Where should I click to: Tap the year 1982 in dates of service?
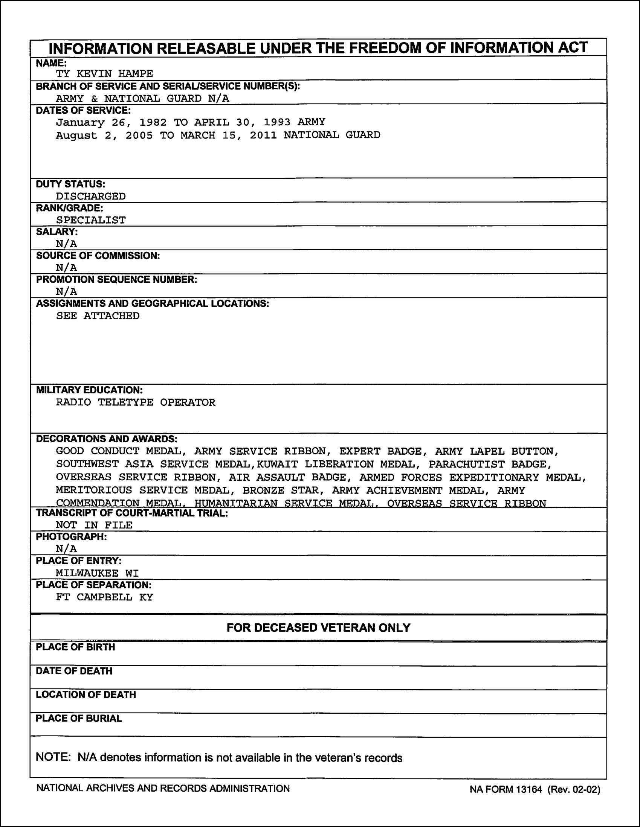(153, 122)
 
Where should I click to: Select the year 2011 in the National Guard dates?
(263, 135)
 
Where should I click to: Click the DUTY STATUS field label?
(70, 184)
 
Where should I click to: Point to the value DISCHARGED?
(90, 196)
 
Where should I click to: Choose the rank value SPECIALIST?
(90, 220)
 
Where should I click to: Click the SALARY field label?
(57, 232)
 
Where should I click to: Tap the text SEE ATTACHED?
(98, 316)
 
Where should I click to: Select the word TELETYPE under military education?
(125, 402)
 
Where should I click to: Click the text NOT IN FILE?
(94, 525)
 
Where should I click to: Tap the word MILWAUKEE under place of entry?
(87, 573)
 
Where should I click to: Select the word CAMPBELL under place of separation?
(105, 597)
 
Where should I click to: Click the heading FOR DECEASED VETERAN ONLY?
(318, 628)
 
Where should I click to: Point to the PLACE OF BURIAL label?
(79, 718)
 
